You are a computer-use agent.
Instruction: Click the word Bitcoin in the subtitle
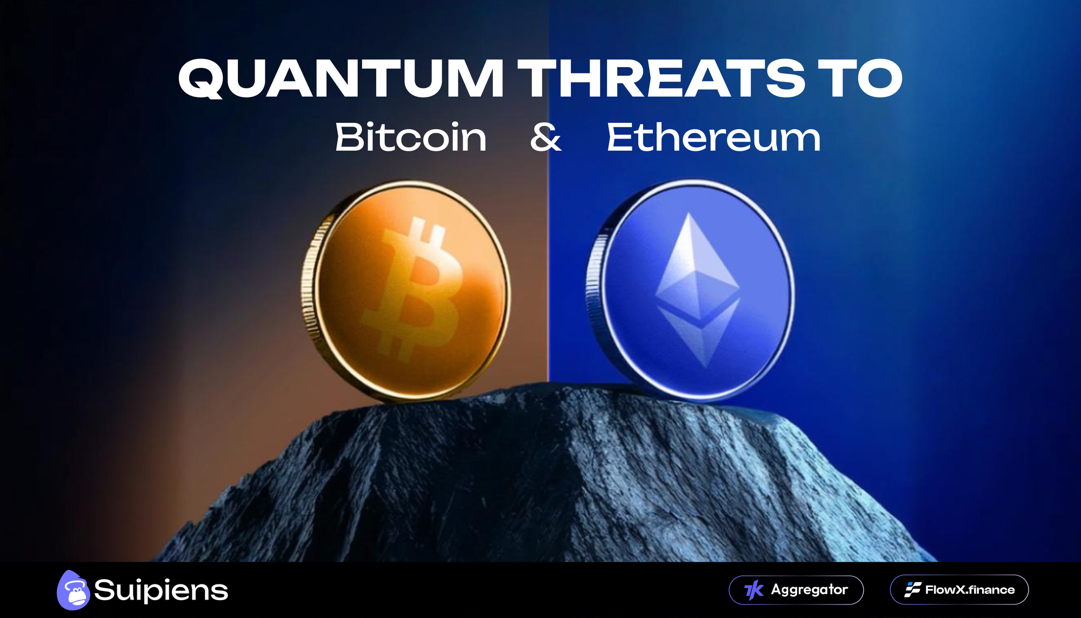point(411,137)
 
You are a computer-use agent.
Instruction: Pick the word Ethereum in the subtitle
point(713,137)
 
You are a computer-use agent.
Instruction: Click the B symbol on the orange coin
point(413,289)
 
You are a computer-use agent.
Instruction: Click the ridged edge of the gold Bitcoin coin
point(309,292)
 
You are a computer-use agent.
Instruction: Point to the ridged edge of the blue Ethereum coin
point(593,292)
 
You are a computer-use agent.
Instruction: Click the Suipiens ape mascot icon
point(73,590)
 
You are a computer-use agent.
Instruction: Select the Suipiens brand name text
point(161,590)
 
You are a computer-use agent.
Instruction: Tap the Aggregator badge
point(796,590)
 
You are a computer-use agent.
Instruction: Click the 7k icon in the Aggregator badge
point(754,590)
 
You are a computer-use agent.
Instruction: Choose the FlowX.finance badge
point(959,590)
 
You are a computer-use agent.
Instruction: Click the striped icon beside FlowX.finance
point(912,590)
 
